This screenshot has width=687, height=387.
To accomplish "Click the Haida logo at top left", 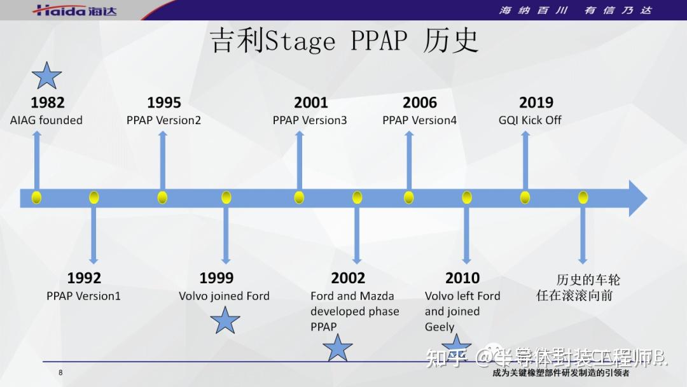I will [75, 10].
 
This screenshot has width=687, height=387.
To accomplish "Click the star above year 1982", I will [46, 76].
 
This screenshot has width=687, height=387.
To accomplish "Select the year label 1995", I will [164, 102].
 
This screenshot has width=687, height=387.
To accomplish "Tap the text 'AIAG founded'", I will [46, 120].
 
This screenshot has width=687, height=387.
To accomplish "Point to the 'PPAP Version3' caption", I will [310, 120].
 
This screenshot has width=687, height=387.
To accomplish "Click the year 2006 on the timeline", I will [420, 102].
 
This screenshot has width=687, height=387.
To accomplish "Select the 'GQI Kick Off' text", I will [530, 120].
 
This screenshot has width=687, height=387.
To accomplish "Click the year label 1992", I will [84, 278].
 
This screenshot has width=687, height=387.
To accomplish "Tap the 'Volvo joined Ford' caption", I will [224, 296].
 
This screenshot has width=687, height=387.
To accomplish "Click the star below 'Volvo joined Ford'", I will [225, 320].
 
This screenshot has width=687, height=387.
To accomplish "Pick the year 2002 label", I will [348, 278].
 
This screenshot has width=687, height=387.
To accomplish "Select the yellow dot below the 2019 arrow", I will [525, 197].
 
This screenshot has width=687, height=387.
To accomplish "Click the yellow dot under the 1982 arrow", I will [36, 197].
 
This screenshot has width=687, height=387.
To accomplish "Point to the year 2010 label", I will [462, 278].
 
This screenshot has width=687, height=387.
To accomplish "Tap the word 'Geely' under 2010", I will [440, 327].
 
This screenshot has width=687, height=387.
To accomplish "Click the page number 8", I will [60, 373].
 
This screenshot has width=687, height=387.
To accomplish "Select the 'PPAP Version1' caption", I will [83, 296].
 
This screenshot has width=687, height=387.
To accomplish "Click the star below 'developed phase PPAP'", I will [337, 348].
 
